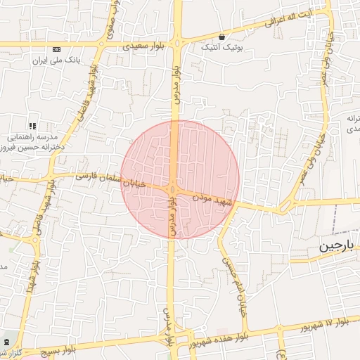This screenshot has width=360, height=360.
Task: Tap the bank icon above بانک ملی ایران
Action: click(56, 49)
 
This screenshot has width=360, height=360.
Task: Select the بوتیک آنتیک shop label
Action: click(221, 48)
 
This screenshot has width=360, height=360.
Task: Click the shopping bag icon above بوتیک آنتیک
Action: click(222, 37)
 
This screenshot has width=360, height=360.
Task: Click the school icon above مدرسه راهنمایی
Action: click(32, 125)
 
